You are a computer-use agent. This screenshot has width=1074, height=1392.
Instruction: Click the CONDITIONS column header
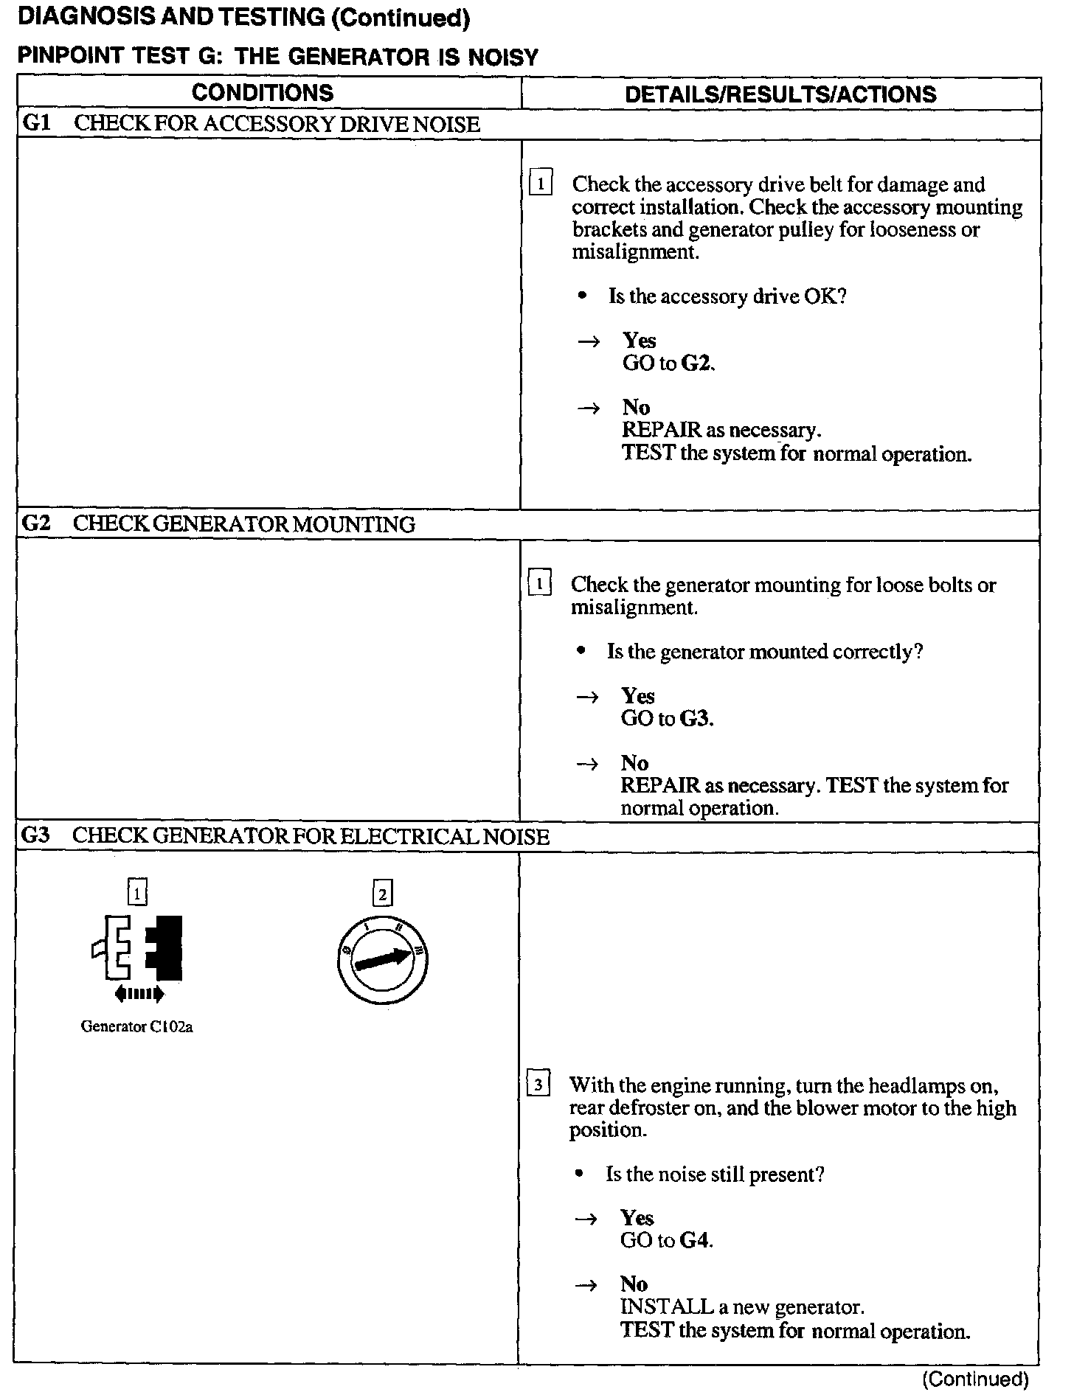263,93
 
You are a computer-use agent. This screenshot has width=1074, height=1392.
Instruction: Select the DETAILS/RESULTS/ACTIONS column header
780,94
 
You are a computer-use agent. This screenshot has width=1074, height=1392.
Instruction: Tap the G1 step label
35,123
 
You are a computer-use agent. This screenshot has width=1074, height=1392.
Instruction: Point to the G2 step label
35,523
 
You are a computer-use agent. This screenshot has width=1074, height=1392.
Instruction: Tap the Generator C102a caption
136,1026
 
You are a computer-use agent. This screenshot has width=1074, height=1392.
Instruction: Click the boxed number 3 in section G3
538,1085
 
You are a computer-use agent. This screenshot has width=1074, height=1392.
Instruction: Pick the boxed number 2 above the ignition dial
382,894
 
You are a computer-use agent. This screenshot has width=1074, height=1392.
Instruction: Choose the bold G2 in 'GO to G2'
696,363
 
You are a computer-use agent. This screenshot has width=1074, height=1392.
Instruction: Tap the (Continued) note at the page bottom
975,1379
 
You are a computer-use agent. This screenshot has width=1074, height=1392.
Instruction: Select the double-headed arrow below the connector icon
139,995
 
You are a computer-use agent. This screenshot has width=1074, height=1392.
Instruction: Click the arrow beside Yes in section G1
588,341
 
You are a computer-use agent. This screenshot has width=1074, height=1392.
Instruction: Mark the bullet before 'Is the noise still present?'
581,1174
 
